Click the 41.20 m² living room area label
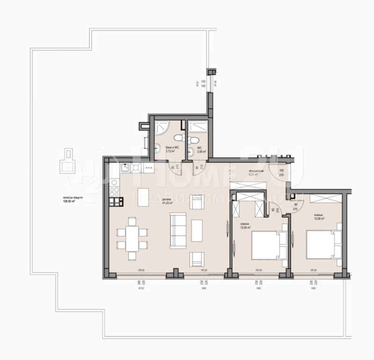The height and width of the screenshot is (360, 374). pos(167,202)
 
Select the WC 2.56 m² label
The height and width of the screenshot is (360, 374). pos(199,151)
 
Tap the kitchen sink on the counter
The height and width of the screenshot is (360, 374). pos(125,167)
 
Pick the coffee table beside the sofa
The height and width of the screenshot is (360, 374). pos(197,228)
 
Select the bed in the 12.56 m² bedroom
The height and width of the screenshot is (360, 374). pos(323,244)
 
